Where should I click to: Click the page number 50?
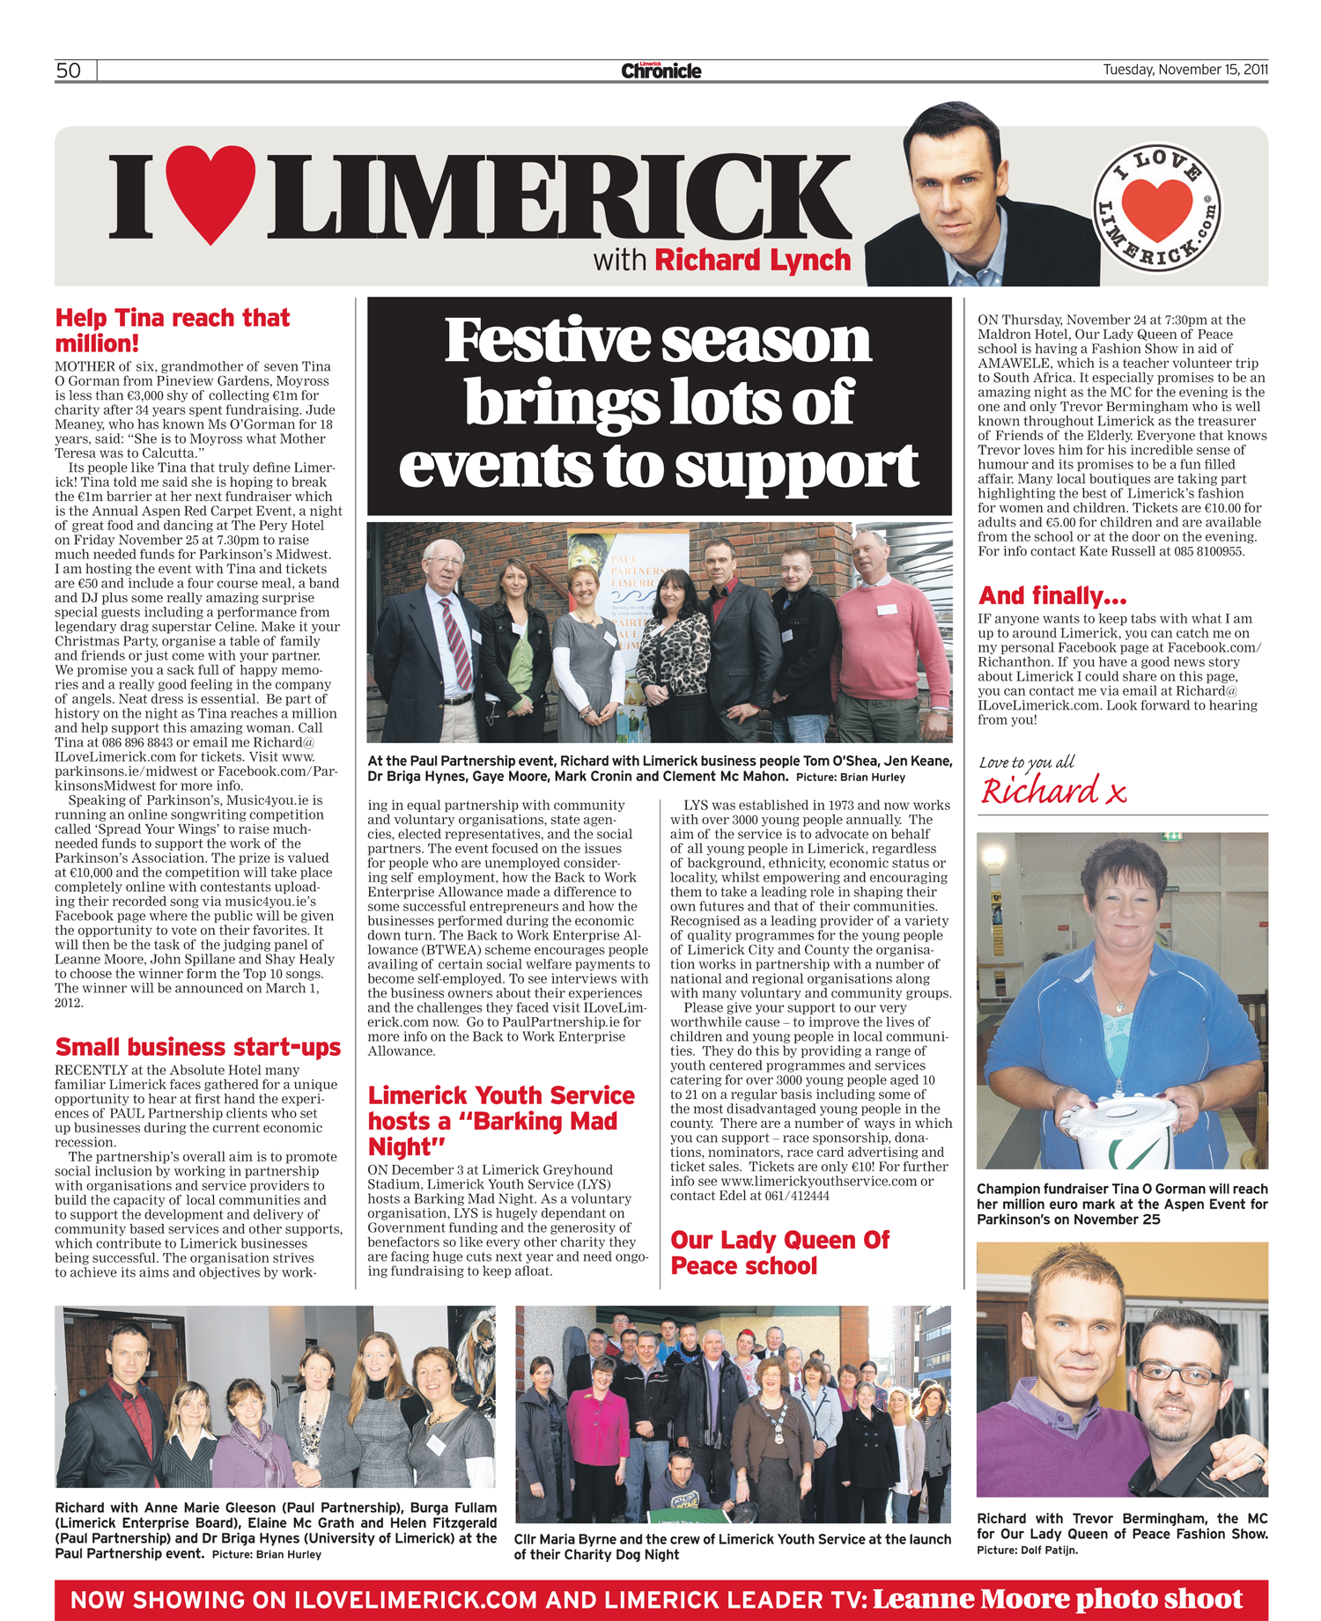pyautogui.click(x=69, y=70)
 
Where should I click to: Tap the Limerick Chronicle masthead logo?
pyautogui.click(x=660, y=70)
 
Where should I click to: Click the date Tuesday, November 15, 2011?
pyautogui.click(x=1184, y=70)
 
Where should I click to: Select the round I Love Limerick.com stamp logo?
pyautogui.click(x=1157, y=208)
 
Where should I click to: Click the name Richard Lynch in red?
pyautogui.click(x=753, y=261)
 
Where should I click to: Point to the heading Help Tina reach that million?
pyautogui.click(x=173, y=330)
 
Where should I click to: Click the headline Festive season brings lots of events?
pyautogui.click(x=659, y=403)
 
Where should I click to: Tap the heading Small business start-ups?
pyautogui.click(x=197, y=1047)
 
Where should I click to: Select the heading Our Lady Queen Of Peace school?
pyautogui.click(x=779, y=1252)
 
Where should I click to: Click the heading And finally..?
pyautogui.click(x=1052, y=596)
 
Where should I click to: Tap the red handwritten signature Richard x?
pyautogui.click(x=1053, y=792)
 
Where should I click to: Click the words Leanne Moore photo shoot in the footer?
pyautogui.click(x=1057, y=1599)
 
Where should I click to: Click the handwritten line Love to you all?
pyautogui.click(x=1027, y=763)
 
